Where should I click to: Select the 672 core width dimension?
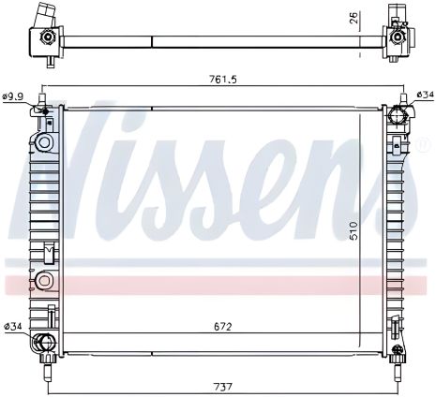(x=221, y=327)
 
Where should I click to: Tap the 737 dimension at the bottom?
(x=221, y=385)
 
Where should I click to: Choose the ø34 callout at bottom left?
(x=14, y=326)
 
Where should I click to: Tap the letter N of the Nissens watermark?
(x=103, y=159)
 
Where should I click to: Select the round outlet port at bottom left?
(x=43, y=343)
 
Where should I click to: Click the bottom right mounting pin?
(x=400, y=357)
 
